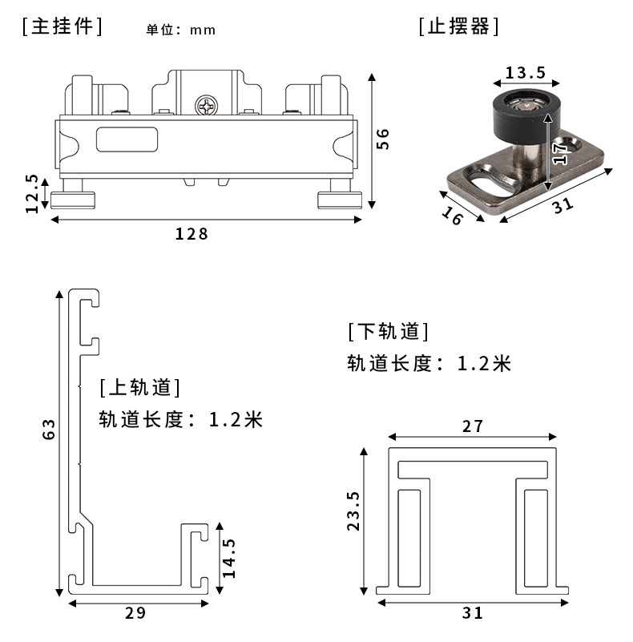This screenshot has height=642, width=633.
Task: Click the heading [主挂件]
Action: [62, 26]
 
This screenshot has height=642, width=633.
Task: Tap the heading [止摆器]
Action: [459, 26]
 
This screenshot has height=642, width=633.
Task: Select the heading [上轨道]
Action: [140, 388]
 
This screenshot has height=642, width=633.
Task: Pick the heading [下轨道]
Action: [388, 331]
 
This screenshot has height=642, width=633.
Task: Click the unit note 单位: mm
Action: [181, 30]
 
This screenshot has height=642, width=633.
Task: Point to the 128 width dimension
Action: [192, 234]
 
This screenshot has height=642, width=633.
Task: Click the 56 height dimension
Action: [383, 139]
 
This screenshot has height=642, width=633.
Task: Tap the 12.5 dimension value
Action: [32, 193]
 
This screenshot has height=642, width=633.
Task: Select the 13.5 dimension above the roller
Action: [525, 73]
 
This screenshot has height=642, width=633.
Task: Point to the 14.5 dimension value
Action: [229, 559]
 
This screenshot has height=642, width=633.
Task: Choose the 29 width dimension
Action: [136, 613]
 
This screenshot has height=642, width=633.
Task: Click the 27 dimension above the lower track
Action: [474, 426]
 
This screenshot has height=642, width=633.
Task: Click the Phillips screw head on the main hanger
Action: [206, 106]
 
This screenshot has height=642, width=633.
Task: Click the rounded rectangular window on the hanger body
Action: [127, 139]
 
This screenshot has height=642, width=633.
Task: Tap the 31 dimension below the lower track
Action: [474, 613]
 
